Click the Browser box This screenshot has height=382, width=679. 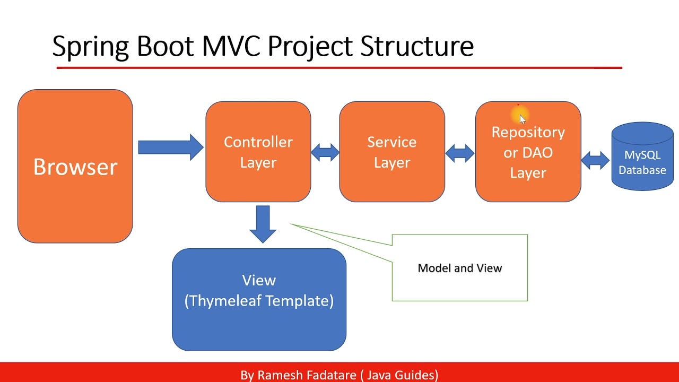point(75,166)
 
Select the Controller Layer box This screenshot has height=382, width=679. point(258,152)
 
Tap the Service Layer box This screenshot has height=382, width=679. point(392,152)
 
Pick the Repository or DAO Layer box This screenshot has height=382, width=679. point(528,152)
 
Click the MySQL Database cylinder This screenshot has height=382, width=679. point(642,157)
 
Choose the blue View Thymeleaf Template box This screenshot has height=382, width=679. point(259,300)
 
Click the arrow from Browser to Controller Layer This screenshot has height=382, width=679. point(171,147)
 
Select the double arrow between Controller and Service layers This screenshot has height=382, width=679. point(325,152)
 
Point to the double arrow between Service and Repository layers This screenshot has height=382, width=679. point(460,153)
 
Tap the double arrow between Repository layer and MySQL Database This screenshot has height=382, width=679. point(595,160)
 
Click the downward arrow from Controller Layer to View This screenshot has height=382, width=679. point(263,224)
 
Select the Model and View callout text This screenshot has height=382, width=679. point(460,268)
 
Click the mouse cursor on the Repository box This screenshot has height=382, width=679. point(523,119)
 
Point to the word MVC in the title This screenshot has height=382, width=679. point(231,46)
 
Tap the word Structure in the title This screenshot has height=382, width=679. point(417,46)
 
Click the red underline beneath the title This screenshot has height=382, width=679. point(339,67)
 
